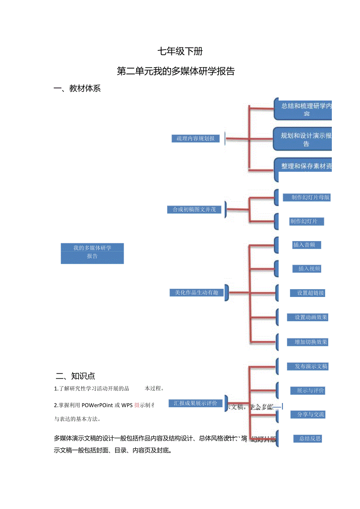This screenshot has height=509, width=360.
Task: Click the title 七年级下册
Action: [x=180, y=51]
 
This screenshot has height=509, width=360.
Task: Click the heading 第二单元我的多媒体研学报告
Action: [x=176, y=71]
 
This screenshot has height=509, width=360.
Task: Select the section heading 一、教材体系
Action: [x=77, y=89]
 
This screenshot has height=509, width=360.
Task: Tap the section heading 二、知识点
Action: [x=76, y=376]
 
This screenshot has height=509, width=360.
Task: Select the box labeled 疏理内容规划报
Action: [x=196, y=138]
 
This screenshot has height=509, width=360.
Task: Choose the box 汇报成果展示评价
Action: [x=195, y=403]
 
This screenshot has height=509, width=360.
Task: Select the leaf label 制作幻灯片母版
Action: [x=307, y=198]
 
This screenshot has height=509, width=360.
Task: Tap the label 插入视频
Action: [x=307, y=269]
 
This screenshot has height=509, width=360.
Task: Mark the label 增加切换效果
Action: [x=308, y=342]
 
